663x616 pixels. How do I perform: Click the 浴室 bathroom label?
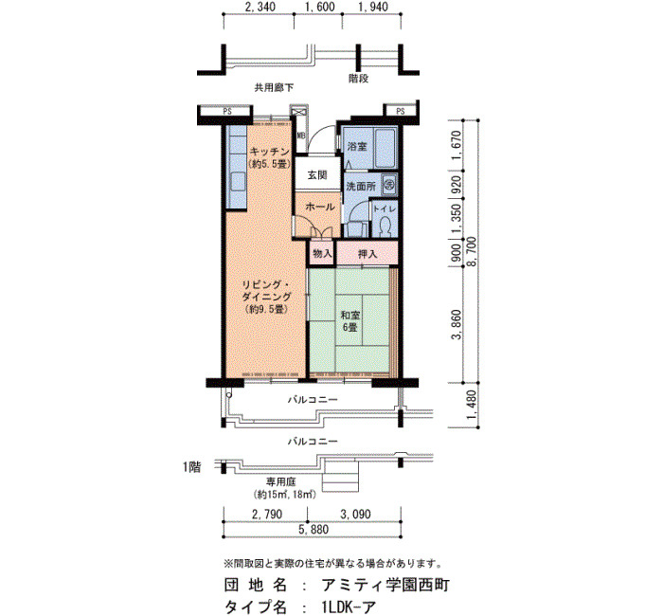357,147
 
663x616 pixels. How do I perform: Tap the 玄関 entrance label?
317,174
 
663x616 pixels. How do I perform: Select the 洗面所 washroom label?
361,186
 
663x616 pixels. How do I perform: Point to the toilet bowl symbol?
385,226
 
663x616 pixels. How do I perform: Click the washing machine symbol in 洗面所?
389,185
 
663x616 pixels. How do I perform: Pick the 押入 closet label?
367,254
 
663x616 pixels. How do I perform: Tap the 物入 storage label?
322,253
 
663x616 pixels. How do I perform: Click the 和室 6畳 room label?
350,321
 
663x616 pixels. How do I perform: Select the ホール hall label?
320,207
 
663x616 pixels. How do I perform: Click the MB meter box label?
300,136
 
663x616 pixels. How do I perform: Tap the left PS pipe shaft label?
227,112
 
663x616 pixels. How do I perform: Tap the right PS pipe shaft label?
401,112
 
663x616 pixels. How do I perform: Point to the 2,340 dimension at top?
260,7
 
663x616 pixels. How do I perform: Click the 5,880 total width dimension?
313,529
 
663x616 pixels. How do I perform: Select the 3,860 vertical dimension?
457,324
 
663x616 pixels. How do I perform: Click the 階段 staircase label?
358,79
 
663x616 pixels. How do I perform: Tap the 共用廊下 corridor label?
273,88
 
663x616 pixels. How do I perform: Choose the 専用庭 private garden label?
281,481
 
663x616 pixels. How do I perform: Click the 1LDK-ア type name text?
348,607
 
